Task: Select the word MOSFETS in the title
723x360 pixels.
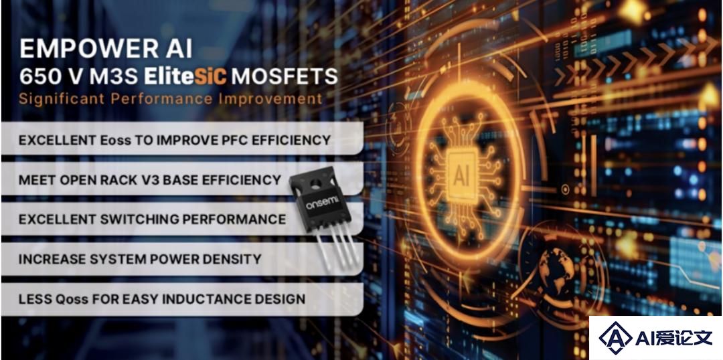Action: pyautogui.click(x=285, y=76)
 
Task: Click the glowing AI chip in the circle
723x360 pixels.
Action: pyautogui.click(x=463, y=177)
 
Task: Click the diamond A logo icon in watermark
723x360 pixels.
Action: pyautogui.click(x=616, y=338)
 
